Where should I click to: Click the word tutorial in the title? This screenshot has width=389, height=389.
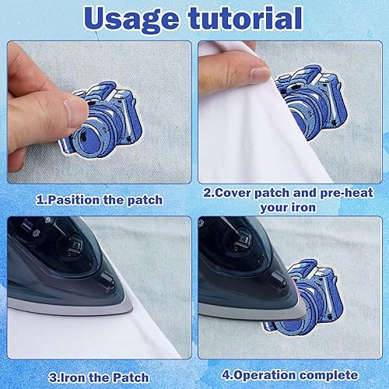click(x=246, y=17)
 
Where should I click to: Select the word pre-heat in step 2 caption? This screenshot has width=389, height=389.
click(x=346, y=193)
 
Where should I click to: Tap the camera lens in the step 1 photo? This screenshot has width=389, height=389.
click(x=89, y=138)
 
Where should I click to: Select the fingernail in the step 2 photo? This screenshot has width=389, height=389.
click(x=260, y=74)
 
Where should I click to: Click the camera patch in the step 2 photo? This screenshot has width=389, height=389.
click(x=314, y=102)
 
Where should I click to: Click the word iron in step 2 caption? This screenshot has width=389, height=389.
click(x=303, y=207)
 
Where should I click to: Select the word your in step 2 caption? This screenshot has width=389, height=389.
click(x=275, y=208)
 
